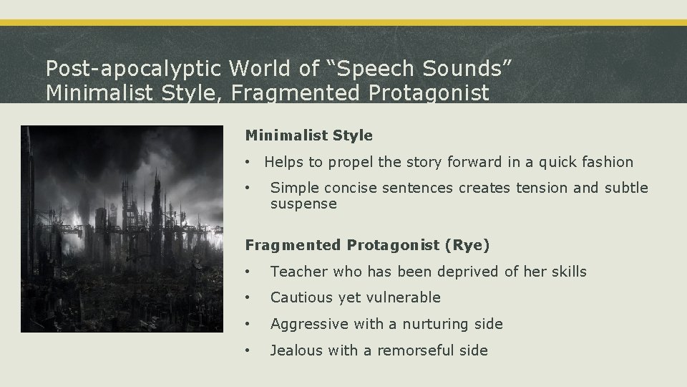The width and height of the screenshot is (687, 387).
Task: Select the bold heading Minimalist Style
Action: coord(308,135)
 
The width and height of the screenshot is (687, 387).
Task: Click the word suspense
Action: coord(303,204)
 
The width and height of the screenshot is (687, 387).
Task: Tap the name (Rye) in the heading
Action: coord(467,245)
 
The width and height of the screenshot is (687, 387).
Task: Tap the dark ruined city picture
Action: coord(122,229)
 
